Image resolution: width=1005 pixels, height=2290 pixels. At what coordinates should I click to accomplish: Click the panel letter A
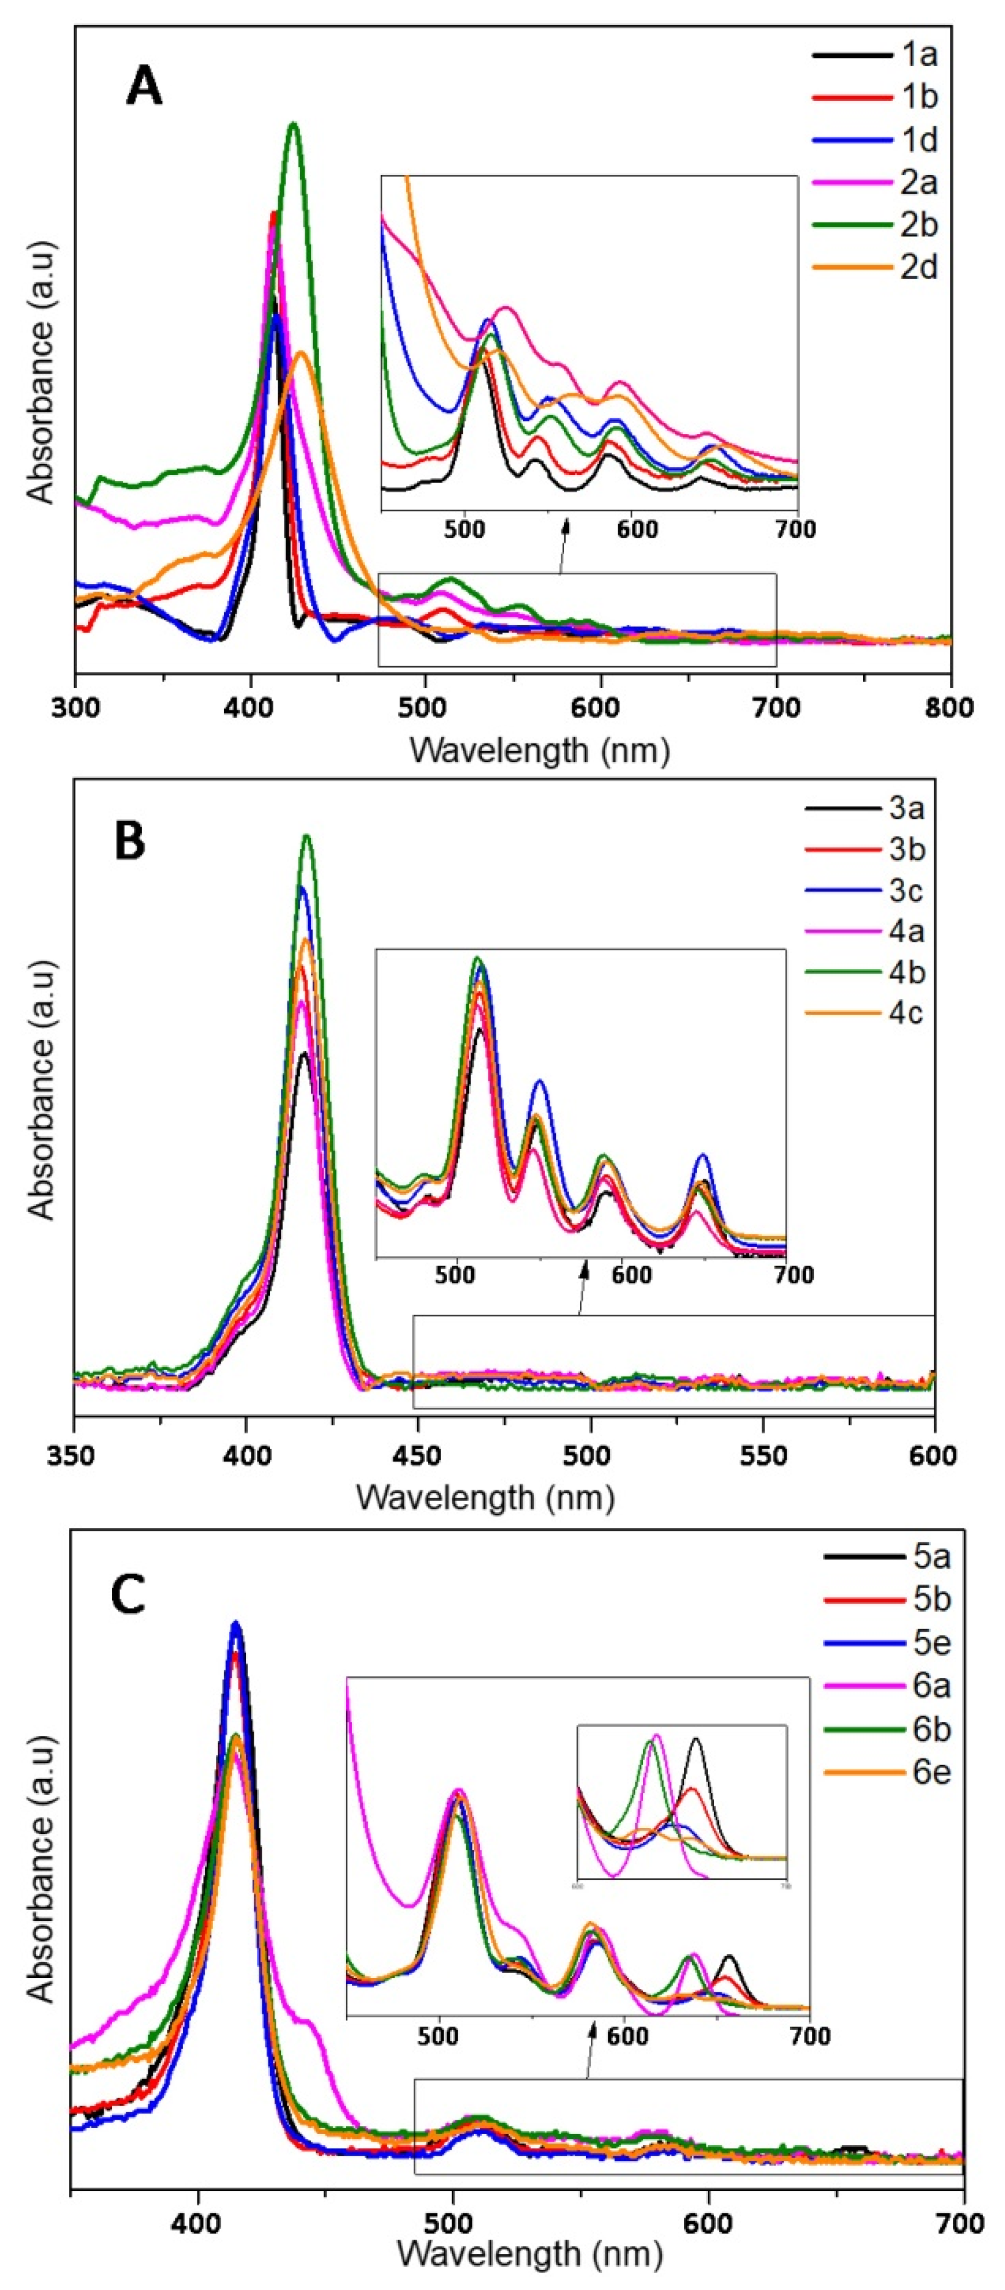pos(144,88)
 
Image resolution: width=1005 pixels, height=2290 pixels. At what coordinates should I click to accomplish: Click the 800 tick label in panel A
pos(950,708)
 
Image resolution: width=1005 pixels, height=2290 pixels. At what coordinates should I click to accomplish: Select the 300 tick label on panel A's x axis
pos(76,708)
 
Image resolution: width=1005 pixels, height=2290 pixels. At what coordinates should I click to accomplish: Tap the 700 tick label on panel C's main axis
pos(960,2224)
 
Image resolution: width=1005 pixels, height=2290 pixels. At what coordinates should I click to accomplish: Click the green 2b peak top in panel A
pos(293,125)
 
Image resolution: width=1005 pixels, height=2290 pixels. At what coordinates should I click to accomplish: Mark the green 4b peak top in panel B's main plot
pos(307,836)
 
